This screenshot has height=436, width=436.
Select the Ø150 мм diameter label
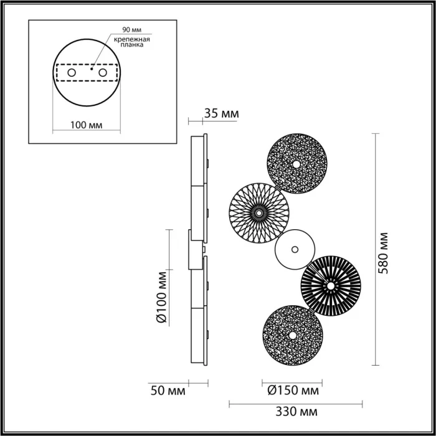(x=293, y=391)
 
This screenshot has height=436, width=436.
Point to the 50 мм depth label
(x=168, y=391)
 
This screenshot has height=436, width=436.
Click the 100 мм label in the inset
(x=87, y=125)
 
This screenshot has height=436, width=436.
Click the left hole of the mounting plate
(x=72, y=73)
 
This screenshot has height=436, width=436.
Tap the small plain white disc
(x=293, y=250)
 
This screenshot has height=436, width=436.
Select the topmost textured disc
(x=296, y=164)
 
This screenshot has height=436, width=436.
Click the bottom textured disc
(x=292, y=335)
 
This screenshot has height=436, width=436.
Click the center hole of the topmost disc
(x=296, y=164)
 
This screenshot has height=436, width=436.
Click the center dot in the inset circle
(x=92, y=70)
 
